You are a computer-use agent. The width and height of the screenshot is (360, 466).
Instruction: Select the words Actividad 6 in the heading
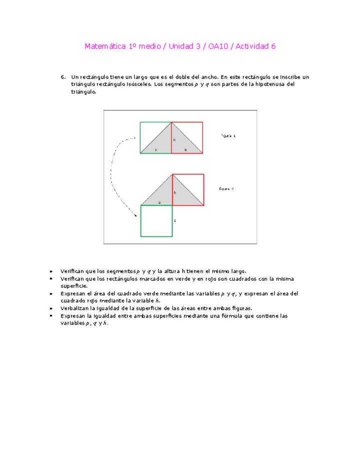coord(255,46)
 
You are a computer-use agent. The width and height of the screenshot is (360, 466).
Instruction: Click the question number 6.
coord(63,77)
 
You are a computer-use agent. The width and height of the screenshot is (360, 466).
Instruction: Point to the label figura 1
coord(228,135)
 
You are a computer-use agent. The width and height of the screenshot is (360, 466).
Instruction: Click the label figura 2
coord(226,188)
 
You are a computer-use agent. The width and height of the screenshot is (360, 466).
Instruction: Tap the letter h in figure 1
coord(174,140)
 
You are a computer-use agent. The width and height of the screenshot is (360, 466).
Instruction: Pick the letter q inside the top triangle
coord(185,149)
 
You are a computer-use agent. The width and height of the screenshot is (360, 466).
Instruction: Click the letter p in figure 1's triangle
coord(155,149)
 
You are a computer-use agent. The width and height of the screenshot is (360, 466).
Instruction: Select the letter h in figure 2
coord(175,192)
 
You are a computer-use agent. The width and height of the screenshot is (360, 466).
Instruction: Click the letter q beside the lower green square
coord(174,220)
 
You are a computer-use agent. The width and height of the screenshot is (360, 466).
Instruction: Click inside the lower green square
coord(156,220)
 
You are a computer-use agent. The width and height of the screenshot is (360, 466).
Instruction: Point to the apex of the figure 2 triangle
coord(172,174)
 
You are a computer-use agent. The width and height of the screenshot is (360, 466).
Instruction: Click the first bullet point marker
coord(51,271)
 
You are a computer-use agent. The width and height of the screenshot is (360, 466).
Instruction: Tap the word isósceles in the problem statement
coord(139,84)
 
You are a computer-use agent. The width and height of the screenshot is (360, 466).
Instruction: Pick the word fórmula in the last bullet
coord(249,316)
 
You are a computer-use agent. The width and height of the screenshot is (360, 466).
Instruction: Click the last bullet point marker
coord(51,316)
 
